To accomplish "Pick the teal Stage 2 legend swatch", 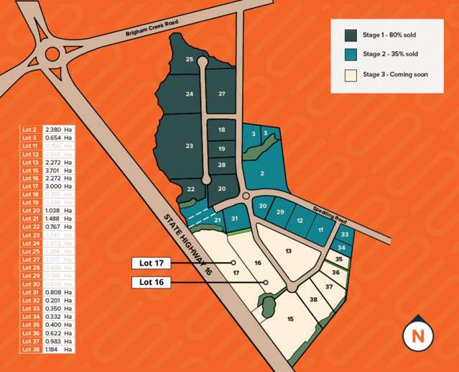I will (x=351, y=55).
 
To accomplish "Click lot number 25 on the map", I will (x=189, y=59).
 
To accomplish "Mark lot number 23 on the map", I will (x=189, y=146).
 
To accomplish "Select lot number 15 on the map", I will (x=290, y=318).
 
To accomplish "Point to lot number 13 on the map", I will (x=289, y=250).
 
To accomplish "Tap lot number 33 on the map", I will (x=345, y=235).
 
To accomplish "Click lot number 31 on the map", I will (x=234, y=219).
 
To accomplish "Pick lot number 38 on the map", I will (x=313, y=299).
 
